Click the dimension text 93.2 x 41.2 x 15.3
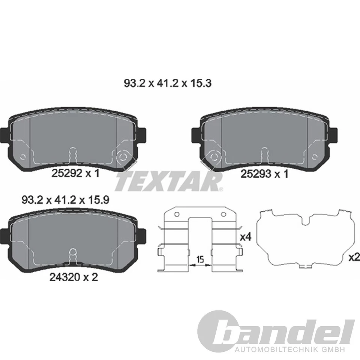(x=168, y=83)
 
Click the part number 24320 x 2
(x=74, y=278)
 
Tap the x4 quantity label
(x=245, y=237)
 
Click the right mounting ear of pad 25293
(x=334, y=135)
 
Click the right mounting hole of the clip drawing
(x=223, y=214)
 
